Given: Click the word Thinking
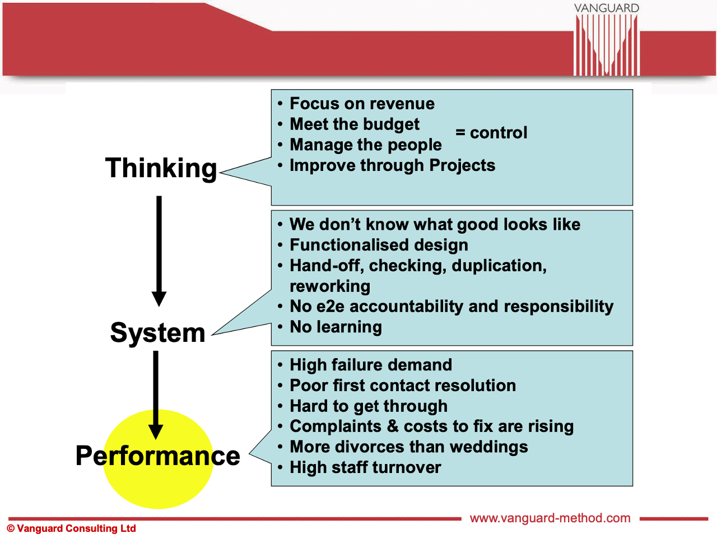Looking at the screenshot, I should tap(161, 168).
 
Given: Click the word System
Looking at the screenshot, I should tap(157, 333).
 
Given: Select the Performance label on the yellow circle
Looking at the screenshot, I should tap(158, 456).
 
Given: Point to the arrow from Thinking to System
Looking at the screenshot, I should tap(159, 249).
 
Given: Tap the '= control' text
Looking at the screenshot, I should tap(491, 133).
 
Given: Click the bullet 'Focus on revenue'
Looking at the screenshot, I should tap(362, 104).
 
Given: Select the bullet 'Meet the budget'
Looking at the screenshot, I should tap(355, 124).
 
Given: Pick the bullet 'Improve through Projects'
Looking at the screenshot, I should tap(392, 165).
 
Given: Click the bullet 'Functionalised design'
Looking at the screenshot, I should tap(379, 245).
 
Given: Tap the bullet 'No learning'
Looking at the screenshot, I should tap(336, 327).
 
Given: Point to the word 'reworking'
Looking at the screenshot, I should tap(330, 286).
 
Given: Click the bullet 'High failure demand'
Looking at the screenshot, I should tap(370, 365).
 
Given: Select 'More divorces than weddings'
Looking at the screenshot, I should tap(408, 447).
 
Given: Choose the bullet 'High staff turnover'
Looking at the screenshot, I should tap(365, 467).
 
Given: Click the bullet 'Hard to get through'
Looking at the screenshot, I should tap(369, 406).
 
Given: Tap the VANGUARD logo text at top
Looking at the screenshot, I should tap(606, 8).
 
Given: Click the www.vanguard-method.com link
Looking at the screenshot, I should tap(550, 518).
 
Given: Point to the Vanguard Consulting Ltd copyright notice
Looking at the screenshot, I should tap(72, 528).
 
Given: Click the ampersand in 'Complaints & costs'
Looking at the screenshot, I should tap(393, 426).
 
